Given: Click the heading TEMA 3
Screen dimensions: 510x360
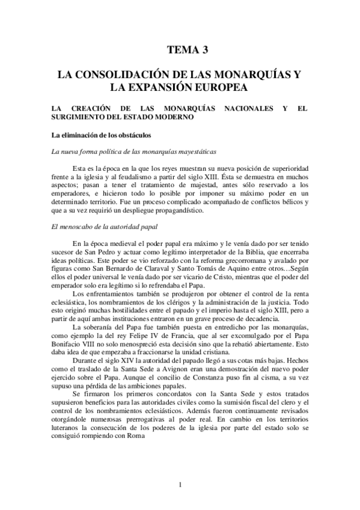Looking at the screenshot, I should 180,50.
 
